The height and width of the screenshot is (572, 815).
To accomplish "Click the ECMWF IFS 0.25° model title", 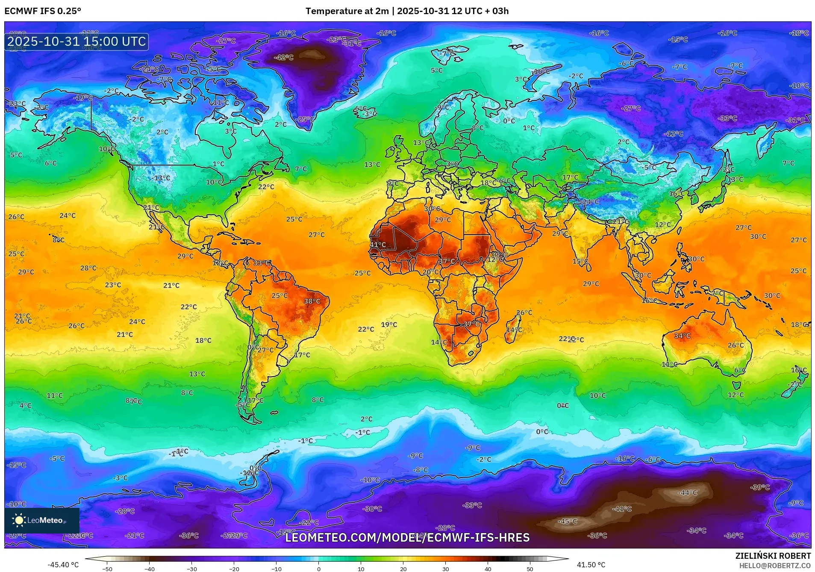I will [x=43, y=11].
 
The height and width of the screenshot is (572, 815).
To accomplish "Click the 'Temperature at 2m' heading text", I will [x=347, y=11].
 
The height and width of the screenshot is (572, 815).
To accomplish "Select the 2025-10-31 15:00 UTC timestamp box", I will [x=76, y=41].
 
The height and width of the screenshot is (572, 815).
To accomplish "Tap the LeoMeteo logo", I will [x=42, y=520].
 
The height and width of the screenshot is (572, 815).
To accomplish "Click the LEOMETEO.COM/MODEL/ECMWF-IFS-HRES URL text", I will [x=407, y=537].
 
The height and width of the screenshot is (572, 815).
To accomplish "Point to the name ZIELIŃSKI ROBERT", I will [x=773, y=556].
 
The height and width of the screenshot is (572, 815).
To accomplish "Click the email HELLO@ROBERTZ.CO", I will [x=775, y=566].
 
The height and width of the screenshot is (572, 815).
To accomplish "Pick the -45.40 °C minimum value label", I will [x=63, y=565].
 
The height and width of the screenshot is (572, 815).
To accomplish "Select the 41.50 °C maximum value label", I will [x=591, y=565].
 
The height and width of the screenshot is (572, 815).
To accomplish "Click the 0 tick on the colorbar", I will [x=318, y=569].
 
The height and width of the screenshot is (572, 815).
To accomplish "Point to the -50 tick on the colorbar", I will [x=107, y=569].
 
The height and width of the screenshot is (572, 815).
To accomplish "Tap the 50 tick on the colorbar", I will [x=530, y=569].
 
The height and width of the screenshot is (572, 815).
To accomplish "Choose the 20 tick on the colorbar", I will [x=403, y=569].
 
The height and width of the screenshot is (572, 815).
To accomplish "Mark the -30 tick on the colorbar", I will [x=192, y=569].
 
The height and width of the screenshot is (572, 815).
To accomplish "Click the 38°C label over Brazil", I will [x=312, y=301].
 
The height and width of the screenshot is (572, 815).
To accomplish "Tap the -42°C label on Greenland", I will [x=284, y=57].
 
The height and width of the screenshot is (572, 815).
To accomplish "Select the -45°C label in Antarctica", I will [x=568, y=522].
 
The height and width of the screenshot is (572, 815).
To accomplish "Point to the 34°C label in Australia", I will [x=682, y=336].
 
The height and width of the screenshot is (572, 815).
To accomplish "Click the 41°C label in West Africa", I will [x=378, y=245].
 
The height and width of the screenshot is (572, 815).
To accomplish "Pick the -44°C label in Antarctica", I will [x=687, y=492].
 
